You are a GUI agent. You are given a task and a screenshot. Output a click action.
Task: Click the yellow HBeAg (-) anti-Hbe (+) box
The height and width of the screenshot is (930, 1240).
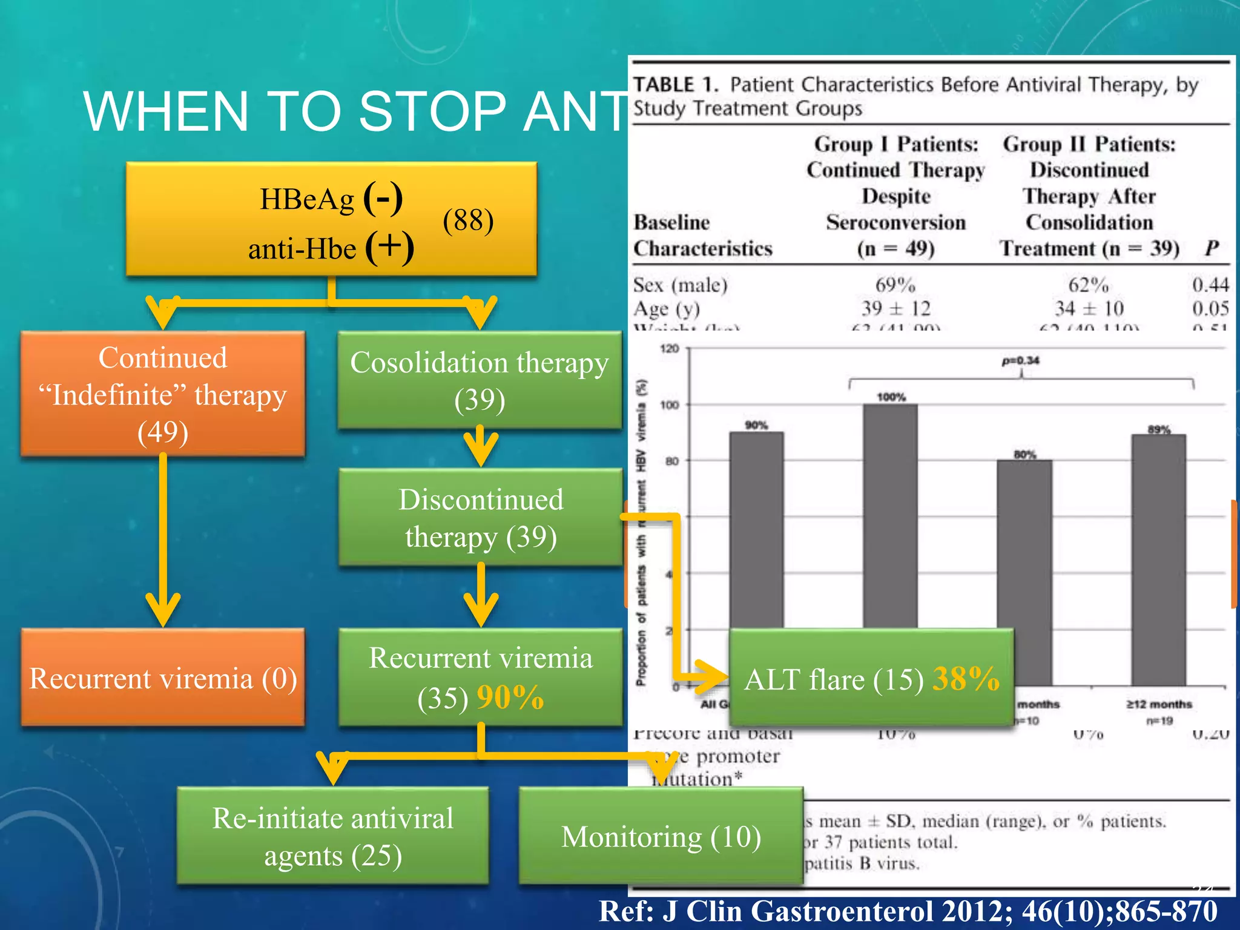tap(331, 220)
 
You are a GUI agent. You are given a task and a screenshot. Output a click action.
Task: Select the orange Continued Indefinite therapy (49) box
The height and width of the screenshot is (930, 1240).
tap(163, 394)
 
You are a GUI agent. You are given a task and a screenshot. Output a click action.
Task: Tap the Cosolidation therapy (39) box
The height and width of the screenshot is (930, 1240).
tap(480, 380)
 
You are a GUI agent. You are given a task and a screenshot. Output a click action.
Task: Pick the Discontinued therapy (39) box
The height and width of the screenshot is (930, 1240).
tap(481, 518)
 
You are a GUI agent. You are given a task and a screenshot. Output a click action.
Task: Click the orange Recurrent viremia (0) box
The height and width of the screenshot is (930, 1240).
tap(163, 678)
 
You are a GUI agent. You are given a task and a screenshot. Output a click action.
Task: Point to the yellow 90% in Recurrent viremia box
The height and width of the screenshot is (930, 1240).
tap(510, 697)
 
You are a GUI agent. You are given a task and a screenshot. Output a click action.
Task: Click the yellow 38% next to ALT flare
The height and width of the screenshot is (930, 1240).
tap(965, 679)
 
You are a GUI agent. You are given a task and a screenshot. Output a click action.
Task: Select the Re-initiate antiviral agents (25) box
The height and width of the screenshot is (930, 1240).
tap(333, 836)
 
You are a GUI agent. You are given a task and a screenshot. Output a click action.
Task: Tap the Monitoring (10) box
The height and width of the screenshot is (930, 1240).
tap(661, 837)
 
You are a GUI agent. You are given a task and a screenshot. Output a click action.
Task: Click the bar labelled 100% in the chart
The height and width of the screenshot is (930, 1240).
tap(890, 515)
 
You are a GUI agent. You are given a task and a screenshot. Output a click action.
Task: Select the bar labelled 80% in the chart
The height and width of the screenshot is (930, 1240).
tap(1024, 545)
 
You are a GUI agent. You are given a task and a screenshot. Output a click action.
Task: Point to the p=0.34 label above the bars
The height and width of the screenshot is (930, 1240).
tap(1020, 361)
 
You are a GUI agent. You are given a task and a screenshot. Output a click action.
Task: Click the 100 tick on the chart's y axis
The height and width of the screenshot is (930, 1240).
tap(670, 404)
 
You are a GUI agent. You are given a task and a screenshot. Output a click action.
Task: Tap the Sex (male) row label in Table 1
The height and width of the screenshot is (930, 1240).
tap(680, 285)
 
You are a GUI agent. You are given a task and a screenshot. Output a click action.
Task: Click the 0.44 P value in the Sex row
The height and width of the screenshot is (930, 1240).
tap(1210, 285)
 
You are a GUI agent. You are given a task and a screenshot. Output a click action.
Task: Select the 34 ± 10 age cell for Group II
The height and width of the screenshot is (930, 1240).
tap(1089, 308)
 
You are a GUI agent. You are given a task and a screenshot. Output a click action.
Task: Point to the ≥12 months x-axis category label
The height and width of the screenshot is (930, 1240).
tap(1159, 704)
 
